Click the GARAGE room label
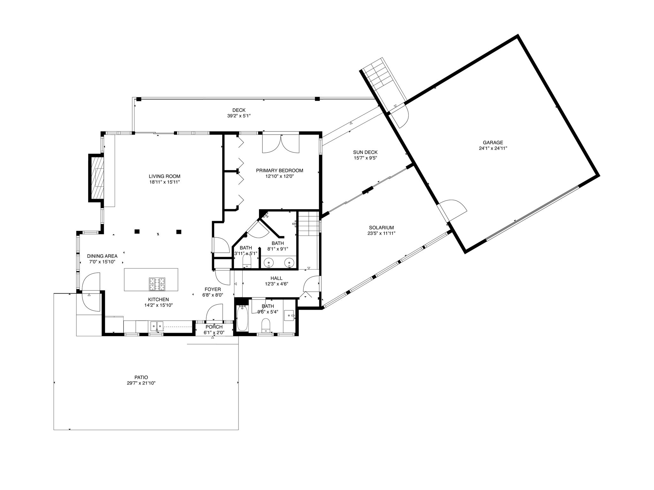(493, 143)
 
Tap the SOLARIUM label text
(381, 227)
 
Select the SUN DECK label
(365, 152)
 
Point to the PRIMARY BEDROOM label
(279, 170)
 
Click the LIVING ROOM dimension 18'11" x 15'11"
(164, 182)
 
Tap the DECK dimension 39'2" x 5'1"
(239, 116)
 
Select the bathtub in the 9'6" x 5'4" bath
(242, 318)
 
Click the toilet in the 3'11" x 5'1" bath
(247, 263)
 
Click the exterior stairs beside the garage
(383, 84)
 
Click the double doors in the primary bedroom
(281, 144)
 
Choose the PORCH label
(214, 327)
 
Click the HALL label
(276, 278)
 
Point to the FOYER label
(213, 289)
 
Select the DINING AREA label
(102, 256)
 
